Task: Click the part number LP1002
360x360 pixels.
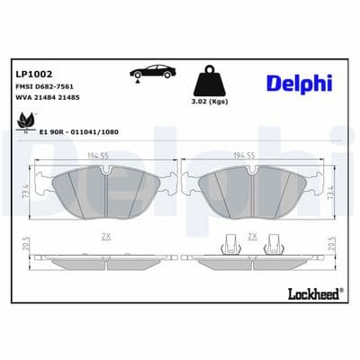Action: (33, 74)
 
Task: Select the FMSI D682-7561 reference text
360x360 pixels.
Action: (44, 86)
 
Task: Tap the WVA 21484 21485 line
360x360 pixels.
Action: (48, 97)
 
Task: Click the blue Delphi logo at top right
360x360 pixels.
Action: (300, 83)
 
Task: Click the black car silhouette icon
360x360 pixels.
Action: (153, 71)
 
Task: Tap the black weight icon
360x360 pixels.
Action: (210, 80)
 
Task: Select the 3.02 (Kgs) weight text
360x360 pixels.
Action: (210, 102)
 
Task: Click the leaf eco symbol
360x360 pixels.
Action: (26, 121)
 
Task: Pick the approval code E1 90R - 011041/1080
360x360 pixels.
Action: (79, 132)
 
